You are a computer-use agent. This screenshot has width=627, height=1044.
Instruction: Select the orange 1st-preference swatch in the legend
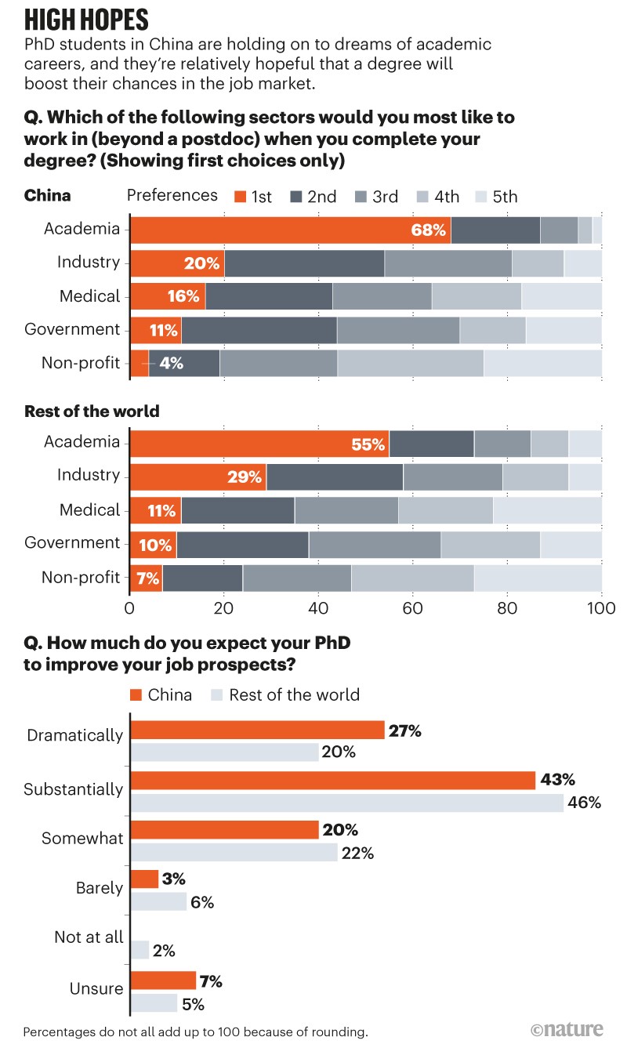[240, 196]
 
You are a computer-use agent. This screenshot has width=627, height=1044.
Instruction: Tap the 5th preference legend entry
[497, 196]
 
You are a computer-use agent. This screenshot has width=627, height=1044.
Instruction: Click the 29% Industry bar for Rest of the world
[198, 477]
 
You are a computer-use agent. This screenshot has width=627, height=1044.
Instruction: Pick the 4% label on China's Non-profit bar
[171, 364]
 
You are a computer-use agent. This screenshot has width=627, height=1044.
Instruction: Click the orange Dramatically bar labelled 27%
[257, 730]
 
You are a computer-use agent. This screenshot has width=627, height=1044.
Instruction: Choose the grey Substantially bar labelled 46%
[346, 803]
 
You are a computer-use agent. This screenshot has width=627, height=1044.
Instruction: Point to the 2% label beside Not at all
[164, 951]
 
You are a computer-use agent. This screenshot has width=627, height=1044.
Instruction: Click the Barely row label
[100, 888]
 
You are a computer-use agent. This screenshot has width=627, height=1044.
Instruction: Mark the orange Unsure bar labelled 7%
[163, 980]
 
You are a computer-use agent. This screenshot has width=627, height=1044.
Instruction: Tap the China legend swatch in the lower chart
[135, 694]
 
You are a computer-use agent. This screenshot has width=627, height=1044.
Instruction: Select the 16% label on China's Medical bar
[187, 297]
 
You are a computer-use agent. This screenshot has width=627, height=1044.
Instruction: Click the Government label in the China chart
[72, 329]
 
